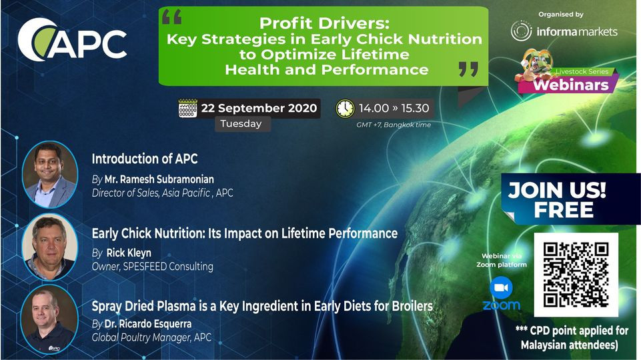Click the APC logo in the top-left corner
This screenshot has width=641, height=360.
[72, 39]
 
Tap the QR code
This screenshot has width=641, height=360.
[576, 275]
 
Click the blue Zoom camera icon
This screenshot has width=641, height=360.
[501, 288]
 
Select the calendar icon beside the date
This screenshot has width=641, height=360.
[187, 108]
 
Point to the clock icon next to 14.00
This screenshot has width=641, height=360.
[345, 108]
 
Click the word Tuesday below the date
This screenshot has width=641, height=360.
[241, 124]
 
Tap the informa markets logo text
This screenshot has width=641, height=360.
[577, 31]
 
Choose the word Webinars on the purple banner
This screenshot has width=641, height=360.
[571, 85]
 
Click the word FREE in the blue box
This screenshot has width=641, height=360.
[564, 211]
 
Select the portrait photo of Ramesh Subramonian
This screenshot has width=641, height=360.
[50, 175]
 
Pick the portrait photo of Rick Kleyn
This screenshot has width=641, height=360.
[50, 247]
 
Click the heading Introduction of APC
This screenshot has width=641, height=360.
[145, 159]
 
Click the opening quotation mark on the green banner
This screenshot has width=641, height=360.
[171, 17]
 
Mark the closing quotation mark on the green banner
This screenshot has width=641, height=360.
[468, 69]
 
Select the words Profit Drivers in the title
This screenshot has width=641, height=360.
[325, 23]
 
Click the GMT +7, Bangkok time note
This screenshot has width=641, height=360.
[394, 125]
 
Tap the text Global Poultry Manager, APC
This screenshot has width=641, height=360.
[151, 337]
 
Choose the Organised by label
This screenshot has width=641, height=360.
[561, 15]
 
